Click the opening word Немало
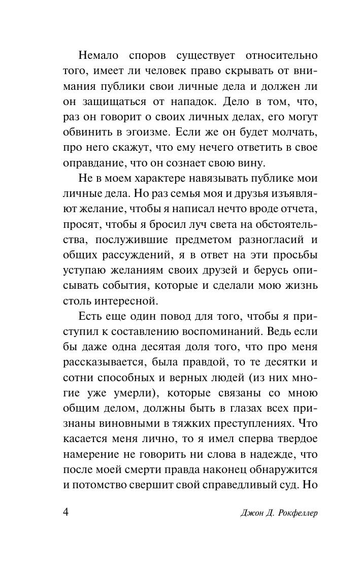coord(102,54)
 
